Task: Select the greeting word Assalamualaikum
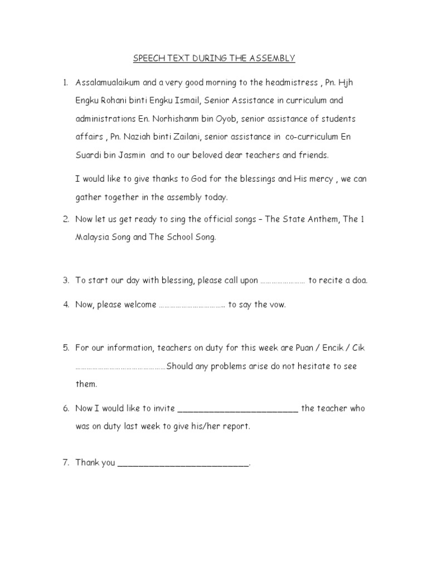tap(109, 83)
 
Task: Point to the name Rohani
tap(115, 101)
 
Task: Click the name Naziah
tap(142, 137)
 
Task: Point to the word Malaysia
tap(93, 238)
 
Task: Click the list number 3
tap(65, 280)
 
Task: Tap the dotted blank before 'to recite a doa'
tap(283, 281)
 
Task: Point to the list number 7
tap(65, 462)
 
